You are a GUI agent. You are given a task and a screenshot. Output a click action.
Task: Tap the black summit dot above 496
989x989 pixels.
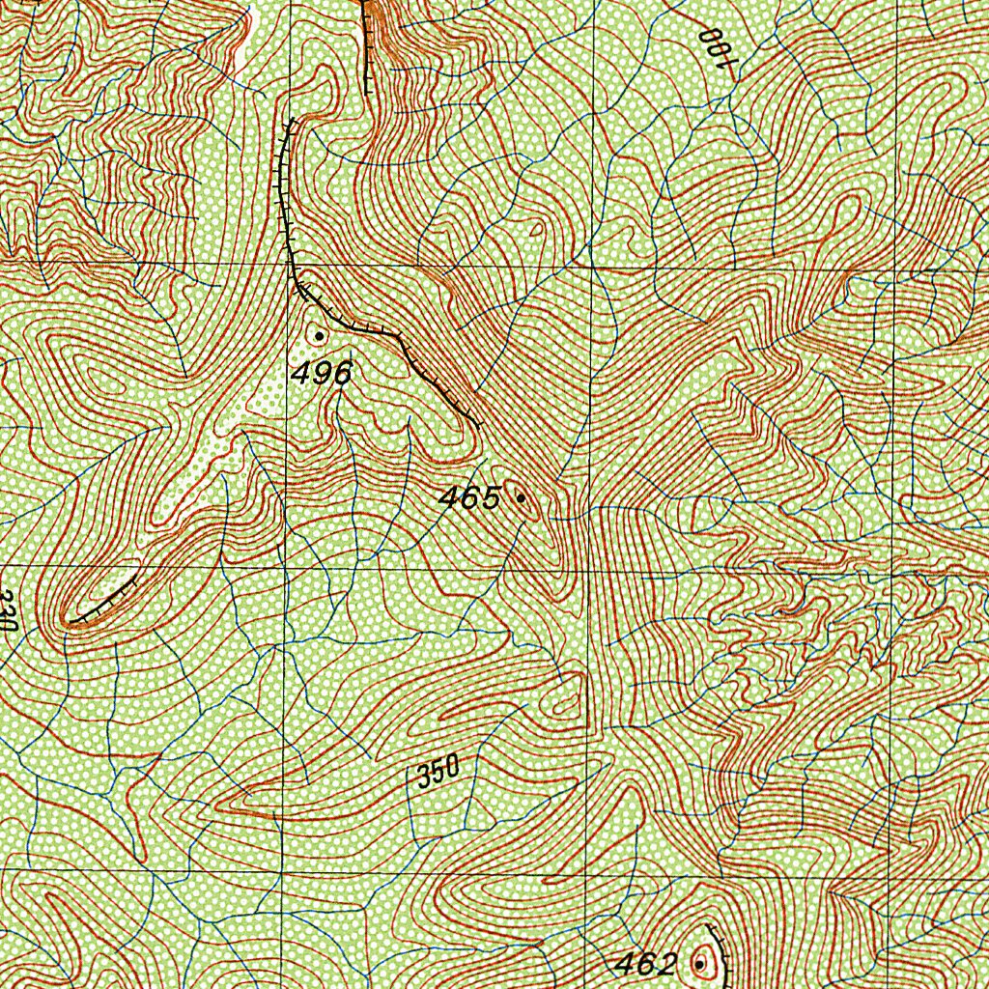point(320,335)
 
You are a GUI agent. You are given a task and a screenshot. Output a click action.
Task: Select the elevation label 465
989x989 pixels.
point(469,498)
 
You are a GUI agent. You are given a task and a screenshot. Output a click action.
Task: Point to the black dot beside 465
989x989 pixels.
point(522,498)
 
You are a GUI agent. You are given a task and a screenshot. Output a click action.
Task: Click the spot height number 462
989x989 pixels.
point(646,963)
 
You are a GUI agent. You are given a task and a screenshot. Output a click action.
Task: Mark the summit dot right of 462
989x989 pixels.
point(698,963)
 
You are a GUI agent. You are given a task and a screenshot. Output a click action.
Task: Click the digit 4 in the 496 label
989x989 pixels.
point(301,374)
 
